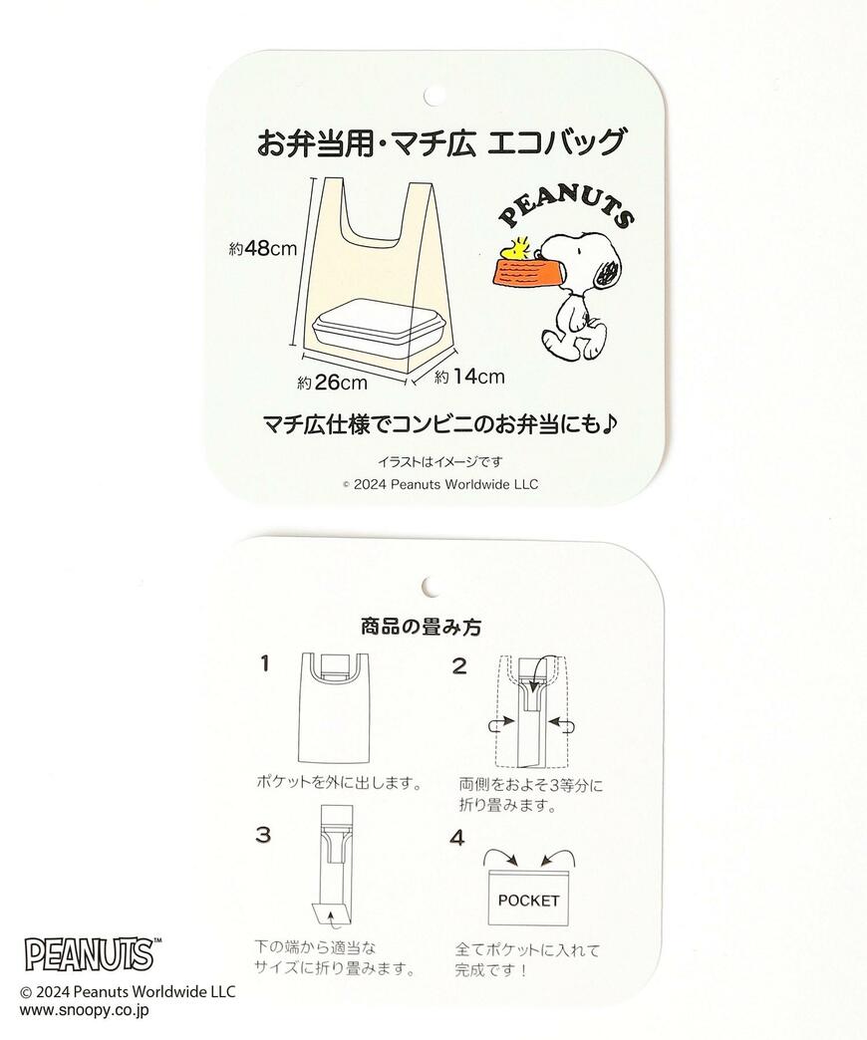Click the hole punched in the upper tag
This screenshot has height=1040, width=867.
433,96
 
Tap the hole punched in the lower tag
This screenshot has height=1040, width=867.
433,585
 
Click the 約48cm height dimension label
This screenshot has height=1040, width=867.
262,249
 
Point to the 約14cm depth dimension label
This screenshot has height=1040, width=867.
468,376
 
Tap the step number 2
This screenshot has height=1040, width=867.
458,666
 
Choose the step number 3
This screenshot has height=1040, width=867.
263,835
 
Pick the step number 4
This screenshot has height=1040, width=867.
457,838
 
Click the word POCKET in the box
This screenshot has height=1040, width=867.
528,901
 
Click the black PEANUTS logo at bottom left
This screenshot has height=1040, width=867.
89,953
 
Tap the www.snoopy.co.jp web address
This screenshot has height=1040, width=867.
85,1009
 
